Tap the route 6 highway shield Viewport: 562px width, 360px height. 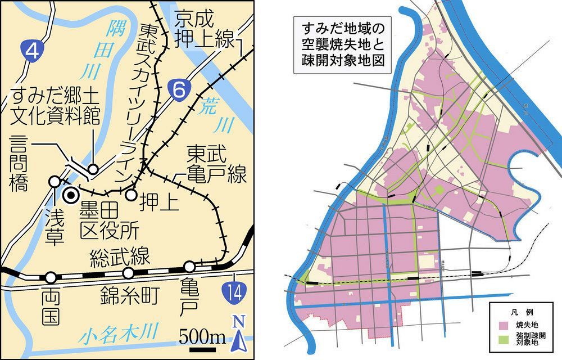pyautogui.click(x=178, y=88)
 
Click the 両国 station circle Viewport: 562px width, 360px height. pyautogui.click(x=51, y=277)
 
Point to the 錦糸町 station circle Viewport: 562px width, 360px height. pyautogui.click(x=129, y=273)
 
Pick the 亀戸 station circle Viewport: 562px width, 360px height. pyautogui.click(x=189, y=266)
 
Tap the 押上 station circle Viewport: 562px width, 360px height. pyautogui.click(x=131, y=195)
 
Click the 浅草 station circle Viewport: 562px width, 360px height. pyautogui.click(x=55, y=182)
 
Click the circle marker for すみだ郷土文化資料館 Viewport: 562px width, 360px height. pyautogui.click(x=93, y=169)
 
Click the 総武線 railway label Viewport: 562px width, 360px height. pyautogui.click(x=120, y=257)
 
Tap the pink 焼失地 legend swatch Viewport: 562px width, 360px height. pyautogui.click(x=505, y=326)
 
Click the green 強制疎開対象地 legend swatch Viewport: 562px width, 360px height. pyautogui.click(x=505, y=339)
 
